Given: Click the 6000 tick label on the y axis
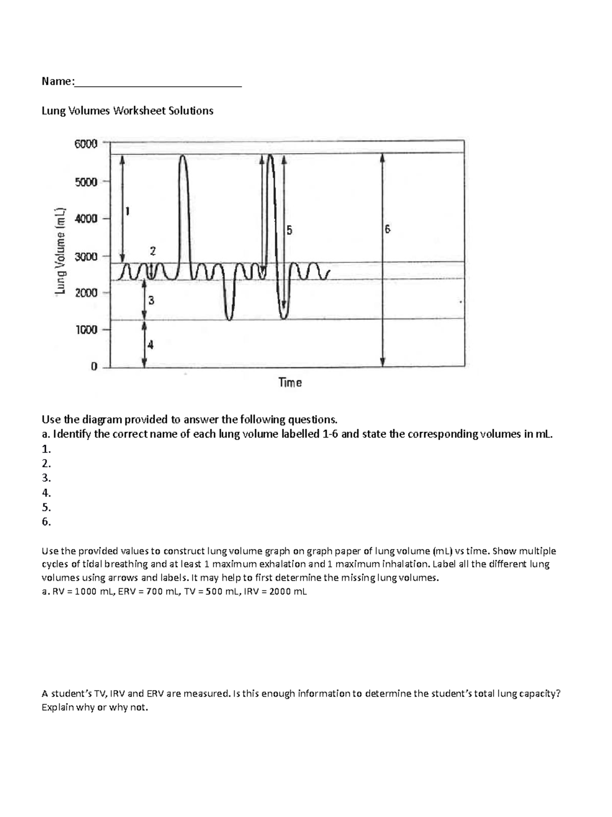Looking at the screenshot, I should pos(86,144).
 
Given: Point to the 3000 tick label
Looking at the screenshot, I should pos(86,257).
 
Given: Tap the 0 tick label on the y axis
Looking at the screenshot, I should pos(94,367).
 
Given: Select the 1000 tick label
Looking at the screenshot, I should pos(86,330).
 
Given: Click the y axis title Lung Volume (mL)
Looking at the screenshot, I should pos(61,251).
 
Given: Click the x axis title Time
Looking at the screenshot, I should pos(290,382).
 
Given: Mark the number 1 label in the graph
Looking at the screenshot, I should pos(127,211).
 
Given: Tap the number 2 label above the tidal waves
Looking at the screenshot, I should pos(153,251).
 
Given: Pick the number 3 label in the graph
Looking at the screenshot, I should pos(151,301).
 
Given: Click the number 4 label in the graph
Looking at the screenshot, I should pos(150,345).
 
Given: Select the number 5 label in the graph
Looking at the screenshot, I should pos(289,231).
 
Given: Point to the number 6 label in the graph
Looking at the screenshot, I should pos(388,229).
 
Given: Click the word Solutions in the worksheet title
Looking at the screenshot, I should pos(189,111).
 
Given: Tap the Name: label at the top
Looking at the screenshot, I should pos(58,81).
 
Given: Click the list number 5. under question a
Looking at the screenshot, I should pos(46,507).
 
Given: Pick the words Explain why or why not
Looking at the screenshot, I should pos(95,707).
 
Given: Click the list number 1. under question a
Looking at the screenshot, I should pos(46,449).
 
